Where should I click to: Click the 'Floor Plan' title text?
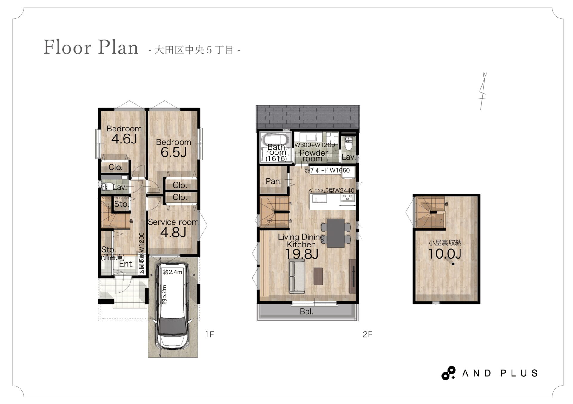coord(91,47)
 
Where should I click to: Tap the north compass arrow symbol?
coord(483,91)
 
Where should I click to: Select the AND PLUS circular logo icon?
coord(449,373)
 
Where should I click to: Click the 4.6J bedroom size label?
coord(124,139)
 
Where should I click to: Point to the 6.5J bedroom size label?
coord(173,152)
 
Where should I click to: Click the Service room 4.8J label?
coord(173,228)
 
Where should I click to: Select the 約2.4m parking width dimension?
coord(172,272)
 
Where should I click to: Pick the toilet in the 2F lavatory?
coord(349,143)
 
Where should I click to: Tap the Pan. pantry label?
coord(274,181)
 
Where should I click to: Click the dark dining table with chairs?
coord(336,233)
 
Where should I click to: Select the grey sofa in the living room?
coord(297,276)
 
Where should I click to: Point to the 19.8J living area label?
coord(302,254)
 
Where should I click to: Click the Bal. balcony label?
coord(306,312)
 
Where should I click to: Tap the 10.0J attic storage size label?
coord(445,254)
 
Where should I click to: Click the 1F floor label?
coord(210,335)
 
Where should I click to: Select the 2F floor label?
coord(368,335)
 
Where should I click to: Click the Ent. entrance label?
coord(126,264)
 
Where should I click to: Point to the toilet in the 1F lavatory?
coord(107,187)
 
